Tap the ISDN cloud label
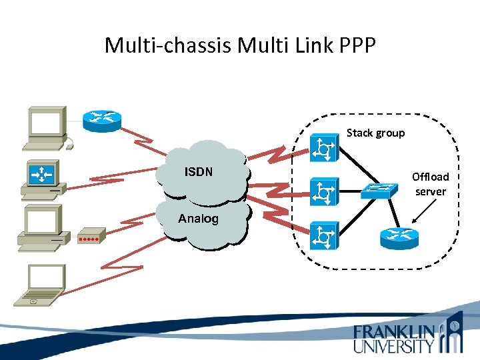pos(198,172)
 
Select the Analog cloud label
pos(198,219)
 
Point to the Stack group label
pos(375,133)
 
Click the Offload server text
pos(431,184)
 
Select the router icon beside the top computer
pos(102,120)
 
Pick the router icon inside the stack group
pos(399,237)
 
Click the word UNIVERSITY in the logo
pos(393,345)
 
